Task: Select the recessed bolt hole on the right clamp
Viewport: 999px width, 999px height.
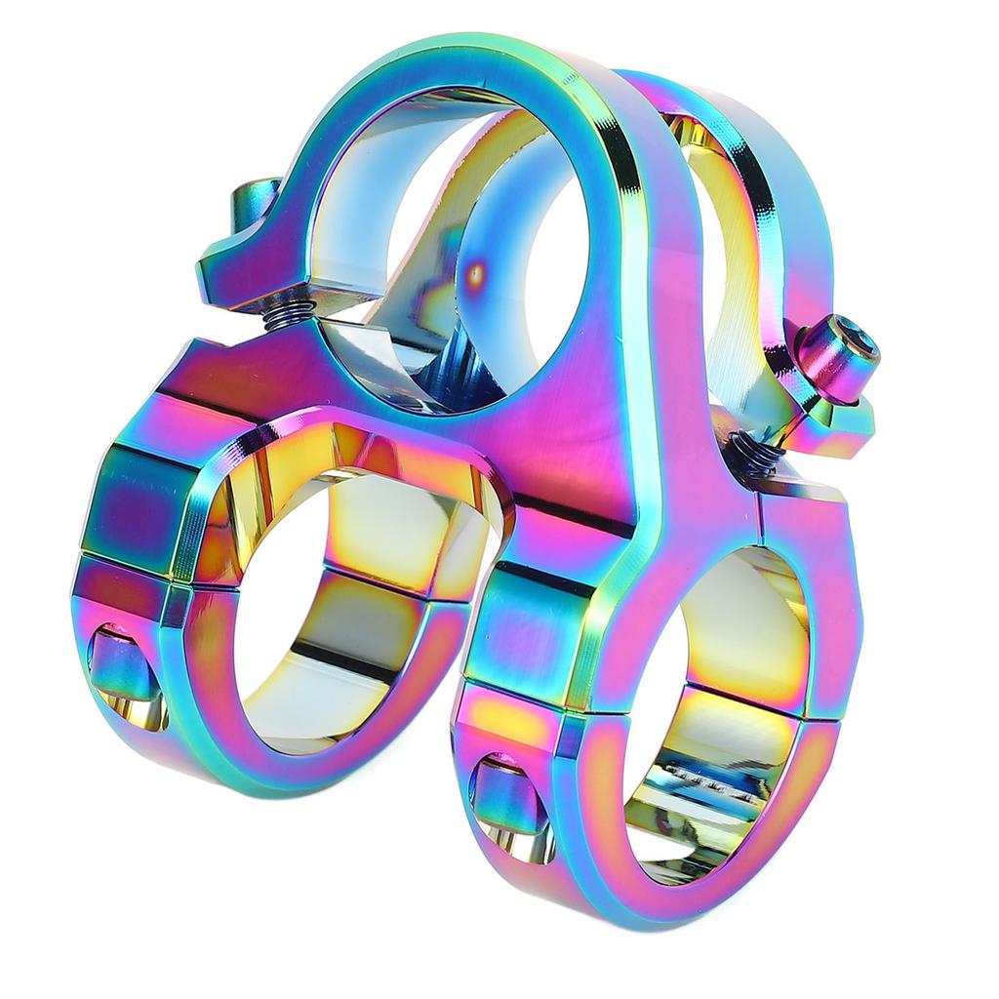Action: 504,795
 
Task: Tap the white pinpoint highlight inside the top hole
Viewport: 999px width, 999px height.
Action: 476,274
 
